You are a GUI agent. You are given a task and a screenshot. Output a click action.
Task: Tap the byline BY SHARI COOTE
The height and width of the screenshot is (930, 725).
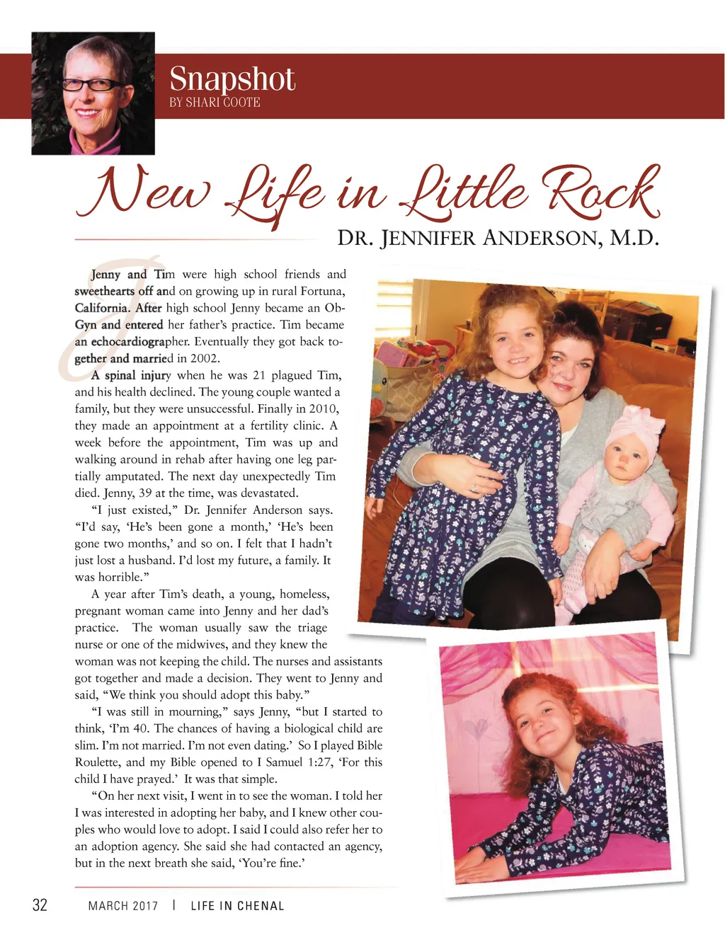pos(215,103)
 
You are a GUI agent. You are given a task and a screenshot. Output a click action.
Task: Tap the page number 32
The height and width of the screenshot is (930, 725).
pos(40,905)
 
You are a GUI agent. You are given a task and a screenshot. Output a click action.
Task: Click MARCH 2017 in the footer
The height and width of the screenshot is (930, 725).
pos(123,906)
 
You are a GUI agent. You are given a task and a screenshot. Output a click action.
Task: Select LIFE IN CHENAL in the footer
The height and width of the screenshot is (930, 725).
pos(237,906)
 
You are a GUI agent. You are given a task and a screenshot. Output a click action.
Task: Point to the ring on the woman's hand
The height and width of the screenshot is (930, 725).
pos(474,488)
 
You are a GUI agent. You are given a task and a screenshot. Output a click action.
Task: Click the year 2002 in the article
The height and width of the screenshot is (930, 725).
pos(205,358)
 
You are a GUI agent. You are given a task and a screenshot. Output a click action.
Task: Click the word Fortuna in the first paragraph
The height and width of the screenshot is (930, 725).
pos(323,291)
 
